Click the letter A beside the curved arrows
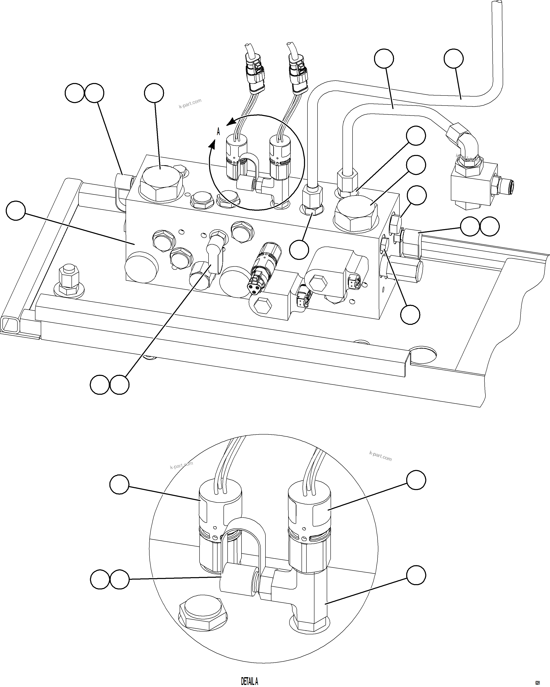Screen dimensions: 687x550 218,131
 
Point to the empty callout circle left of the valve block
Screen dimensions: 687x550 16,210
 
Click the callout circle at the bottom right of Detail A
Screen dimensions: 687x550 416,575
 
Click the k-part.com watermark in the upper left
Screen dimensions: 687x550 190,103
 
